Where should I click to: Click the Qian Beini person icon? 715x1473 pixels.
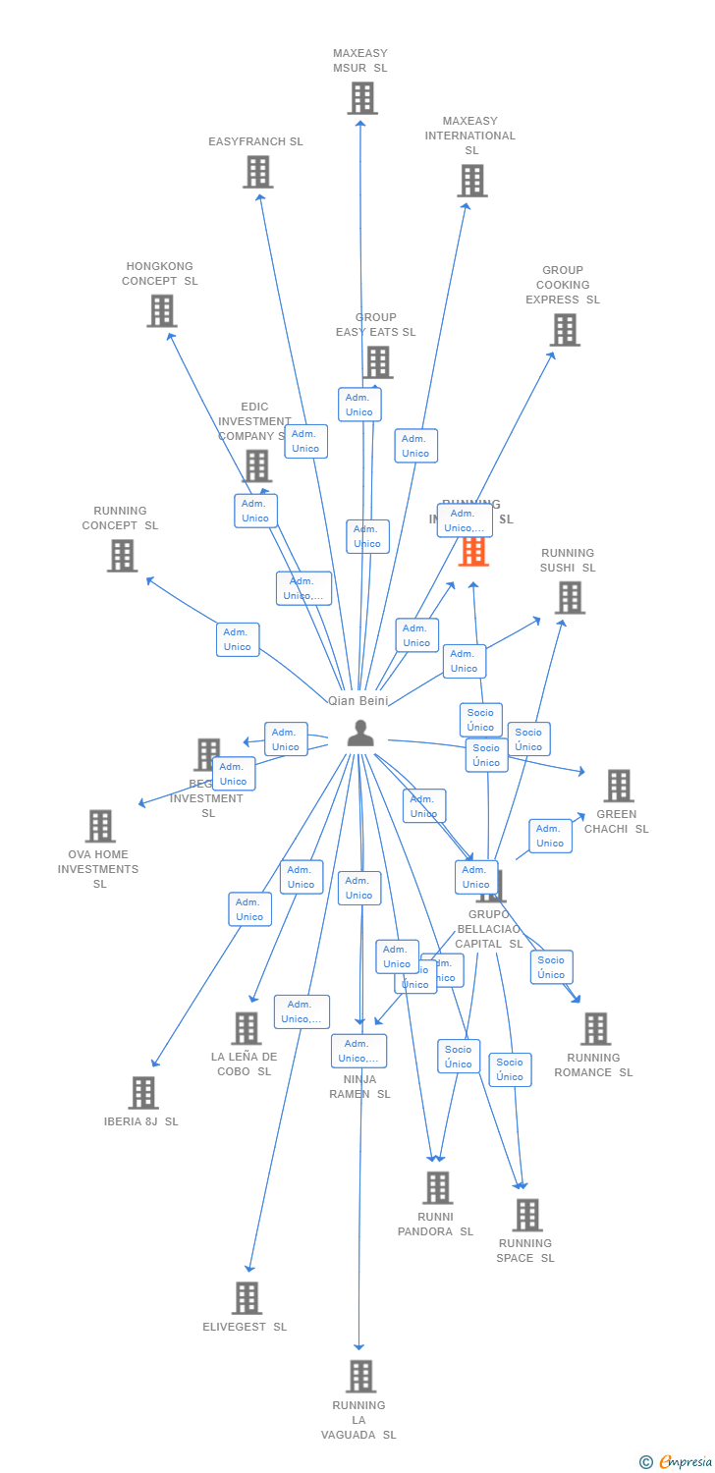coord(360,733)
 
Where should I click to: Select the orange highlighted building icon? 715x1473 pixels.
coord(473,551)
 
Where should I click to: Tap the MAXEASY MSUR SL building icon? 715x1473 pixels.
coord(361,98)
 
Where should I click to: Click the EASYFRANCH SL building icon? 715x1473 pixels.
coord(257,172)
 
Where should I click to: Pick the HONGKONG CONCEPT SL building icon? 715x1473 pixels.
coord(161,310)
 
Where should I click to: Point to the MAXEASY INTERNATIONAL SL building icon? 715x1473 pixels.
coord(471,181)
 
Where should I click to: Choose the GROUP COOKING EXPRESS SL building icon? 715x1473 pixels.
coord(565,330)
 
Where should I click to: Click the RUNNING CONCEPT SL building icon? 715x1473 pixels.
coord(122,556)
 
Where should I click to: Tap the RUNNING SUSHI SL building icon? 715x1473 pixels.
coord(569,597)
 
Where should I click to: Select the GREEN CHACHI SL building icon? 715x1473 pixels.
coord(618,786)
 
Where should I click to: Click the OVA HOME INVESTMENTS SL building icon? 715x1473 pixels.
coord(99,826)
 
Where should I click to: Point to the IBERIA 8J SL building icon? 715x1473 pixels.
coord(142,1092)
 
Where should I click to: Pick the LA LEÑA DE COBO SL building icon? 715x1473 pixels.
coord(246,1028)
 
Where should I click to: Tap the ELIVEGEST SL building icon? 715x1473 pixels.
coord(247,1297)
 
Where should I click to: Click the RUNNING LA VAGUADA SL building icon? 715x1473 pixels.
coord(360,1376)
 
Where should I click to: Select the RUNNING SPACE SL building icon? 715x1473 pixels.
coord(526,1215)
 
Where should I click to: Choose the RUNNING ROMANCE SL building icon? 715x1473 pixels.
coord(595,1029)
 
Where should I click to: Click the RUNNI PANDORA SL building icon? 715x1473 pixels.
coord(437,1187)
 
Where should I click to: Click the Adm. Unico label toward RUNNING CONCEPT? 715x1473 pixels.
coord(238,639)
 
